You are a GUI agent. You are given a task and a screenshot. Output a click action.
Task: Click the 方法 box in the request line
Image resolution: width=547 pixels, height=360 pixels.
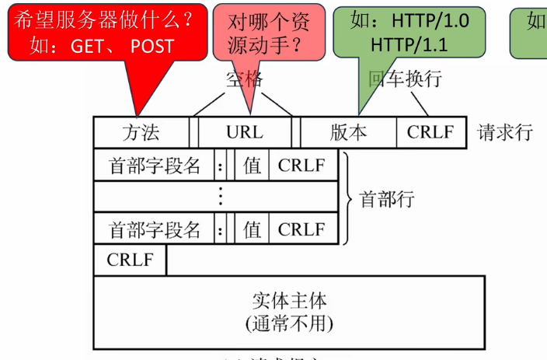click(x=141, y=132)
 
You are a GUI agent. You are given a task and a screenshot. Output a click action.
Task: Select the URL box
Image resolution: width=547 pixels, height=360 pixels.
click(x=244, y=132)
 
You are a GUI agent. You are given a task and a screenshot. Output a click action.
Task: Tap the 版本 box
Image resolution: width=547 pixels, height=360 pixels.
click(x=348, y=132)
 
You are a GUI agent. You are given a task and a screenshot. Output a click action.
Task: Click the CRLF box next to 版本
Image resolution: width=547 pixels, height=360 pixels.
click(x=430, y=132)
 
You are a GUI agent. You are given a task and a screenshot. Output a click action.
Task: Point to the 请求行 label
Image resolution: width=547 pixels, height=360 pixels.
click(x=505, y=132)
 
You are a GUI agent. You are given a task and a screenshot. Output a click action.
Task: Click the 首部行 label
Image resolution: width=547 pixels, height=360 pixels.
click(x=387, y=198)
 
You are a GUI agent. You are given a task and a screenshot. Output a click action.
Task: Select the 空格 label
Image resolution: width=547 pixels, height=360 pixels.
click(x=246, y=79)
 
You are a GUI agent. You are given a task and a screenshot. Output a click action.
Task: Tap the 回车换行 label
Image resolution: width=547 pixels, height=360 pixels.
click(x=404, y=79)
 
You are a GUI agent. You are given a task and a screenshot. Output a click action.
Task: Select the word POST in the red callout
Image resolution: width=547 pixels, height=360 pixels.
click(x=152, y=46)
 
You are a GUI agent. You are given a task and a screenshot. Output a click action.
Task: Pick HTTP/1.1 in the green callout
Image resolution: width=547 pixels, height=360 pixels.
click(x=409, y=45)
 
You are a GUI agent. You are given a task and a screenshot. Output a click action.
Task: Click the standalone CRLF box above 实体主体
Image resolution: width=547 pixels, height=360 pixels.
click(x=130, y=260)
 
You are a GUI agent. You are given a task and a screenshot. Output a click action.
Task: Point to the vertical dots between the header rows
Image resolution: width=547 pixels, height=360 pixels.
click(x=221, y=197)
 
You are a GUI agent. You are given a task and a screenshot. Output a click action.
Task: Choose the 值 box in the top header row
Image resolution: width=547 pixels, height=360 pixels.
click(x=252, y=165)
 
